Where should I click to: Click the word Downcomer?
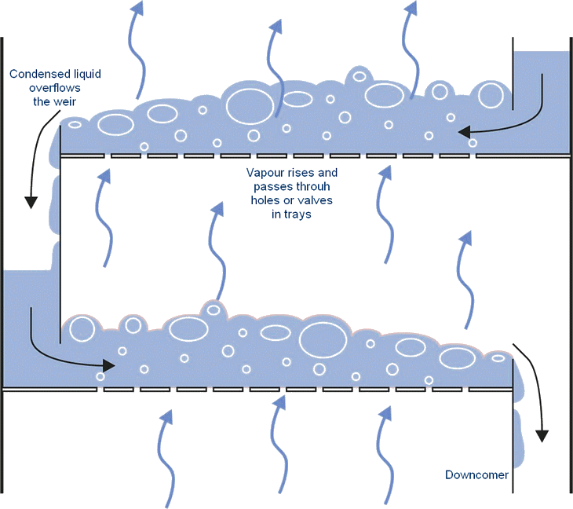pyautogui.click(x=476, y=475)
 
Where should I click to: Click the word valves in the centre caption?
pyautogui.click(x=316, y=200)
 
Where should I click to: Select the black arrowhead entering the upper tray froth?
pyautogui.click(x=462, y=131)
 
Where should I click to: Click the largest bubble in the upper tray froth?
pyautogui.click(x=250, y=104)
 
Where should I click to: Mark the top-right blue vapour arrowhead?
pyautogui.click(x=410, y=7)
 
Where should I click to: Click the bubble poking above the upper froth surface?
pyautogui.click(x=359, y=76)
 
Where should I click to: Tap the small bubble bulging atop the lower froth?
pyautogui.click(x=213, y=309)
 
